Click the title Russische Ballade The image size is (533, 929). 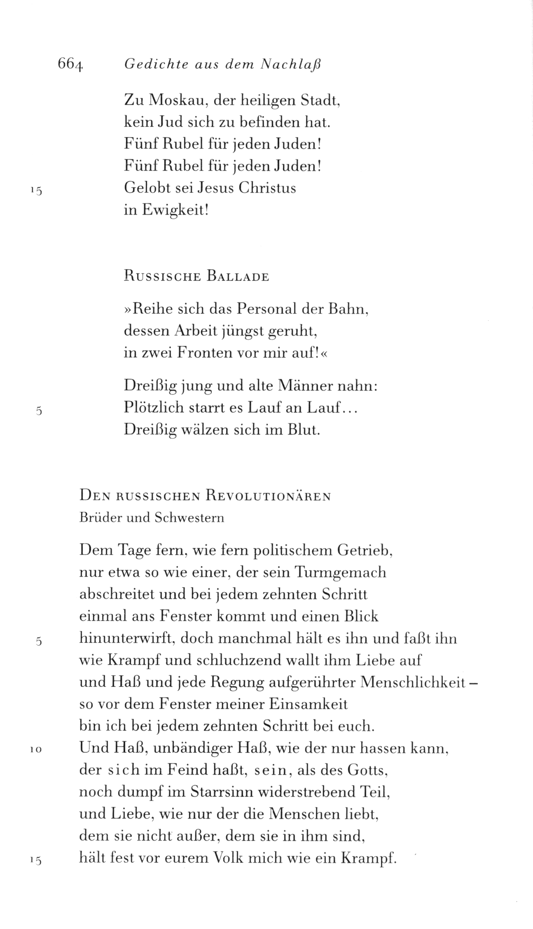pos(196,276)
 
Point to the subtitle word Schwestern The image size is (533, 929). pos(189,518)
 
